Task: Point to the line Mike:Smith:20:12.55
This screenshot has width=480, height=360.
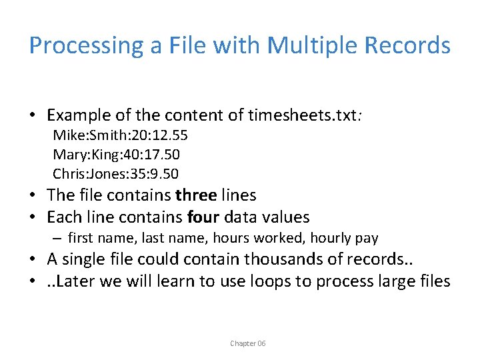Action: pos(120,136)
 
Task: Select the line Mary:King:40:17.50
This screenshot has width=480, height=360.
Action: pos(116,155)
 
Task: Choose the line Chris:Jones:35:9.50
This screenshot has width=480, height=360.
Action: pos(115,174)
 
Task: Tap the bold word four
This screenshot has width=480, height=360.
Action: pos(203,217)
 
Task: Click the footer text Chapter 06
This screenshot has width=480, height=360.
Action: pos(247,343)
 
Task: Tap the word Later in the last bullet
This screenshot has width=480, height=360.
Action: pos(79,281)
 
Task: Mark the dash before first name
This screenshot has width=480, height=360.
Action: pos(58,238)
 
